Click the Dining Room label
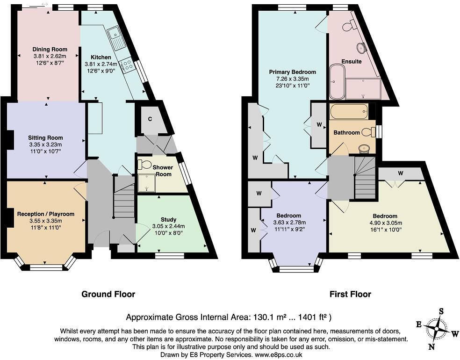(x=50, y=49)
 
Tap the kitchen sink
(x=116, y=38)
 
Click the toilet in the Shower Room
(x=144, y=164)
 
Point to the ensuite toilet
(x=349, y=26)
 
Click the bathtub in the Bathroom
(x=349, y=111)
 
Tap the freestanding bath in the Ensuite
(x=338, y=82)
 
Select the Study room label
(x=168, y=219)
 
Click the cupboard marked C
(x=150, y=119)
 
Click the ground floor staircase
(x=124, y=196)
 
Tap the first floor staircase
(x=365, y=178)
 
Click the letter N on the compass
(x=431, y=347)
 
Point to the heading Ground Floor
(x=108, y=294)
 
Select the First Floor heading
(x=350, y=294)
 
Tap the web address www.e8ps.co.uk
(x=279, y=355)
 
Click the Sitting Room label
(x=45, y=137)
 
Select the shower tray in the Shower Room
(x=146, y=183)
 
